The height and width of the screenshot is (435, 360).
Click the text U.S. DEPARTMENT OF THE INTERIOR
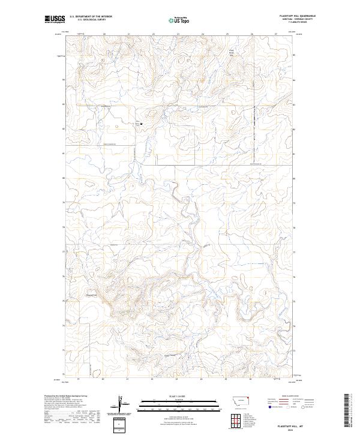tap(91, 17)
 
